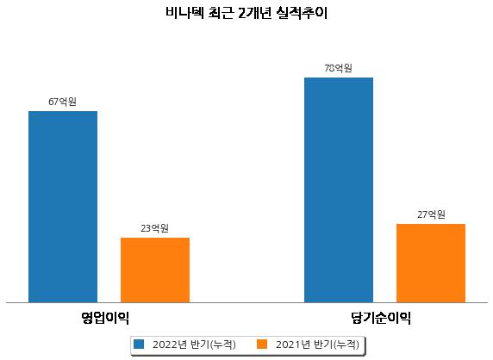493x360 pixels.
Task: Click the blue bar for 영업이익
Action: [63, 207]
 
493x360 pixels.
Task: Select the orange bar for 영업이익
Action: [155, 270]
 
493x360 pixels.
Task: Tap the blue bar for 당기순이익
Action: [339, 190]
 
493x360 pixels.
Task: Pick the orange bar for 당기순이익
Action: [431, 264]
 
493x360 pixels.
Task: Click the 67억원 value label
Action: [62, 102]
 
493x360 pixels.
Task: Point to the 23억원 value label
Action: [154, 228]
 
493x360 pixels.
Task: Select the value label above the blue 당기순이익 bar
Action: [339, 68]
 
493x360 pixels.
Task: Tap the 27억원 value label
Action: [431, 214]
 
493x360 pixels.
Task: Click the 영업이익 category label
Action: [105, 318]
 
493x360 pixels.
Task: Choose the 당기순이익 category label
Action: [381, 318]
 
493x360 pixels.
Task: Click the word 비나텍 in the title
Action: [184, 13]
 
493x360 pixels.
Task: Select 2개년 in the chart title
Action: [255, 13]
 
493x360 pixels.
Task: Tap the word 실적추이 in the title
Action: [302, 13]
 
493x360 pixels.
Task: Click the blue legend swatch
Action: [139, 344]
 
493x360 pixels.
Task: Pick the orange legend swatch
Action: [262, 344]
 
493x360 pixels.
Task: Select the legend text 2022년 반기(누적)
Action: [194, 344]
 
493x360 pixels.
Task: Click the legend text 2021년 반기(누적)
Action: [317, 344]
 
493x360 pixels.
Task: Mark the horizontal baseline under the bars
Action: [246, 303]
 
